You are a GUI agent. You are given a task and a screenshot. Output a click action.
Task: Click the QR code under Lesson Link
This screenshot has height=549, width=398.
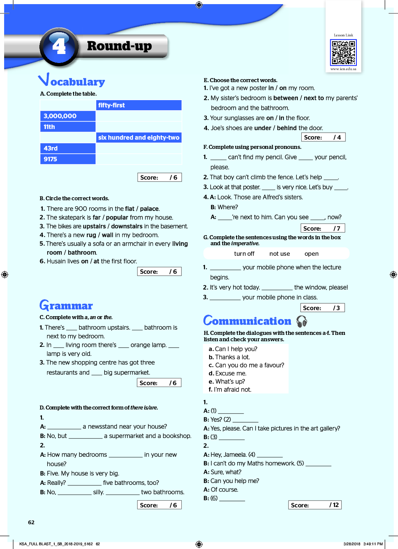tap(343, 53)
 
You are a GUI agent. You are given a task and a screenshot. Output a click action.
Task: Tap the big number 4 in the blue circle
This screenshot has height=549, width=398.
tap(59, 46)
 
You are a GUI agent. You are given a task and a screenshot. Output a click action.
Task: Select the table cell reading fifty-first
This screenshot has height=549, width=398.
tap(139, 105)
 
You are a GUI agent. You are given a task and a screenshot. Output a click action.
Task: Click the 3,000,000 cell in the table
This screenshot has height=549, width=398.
tap(68, 116)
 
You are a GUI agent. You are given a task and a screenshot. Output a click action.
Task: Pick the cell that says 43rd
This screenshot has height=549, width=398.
tap(68, 148)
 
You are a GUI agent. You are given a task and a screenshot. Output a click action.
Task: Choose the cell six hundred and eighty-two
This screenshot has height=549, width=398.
tap(139, 138)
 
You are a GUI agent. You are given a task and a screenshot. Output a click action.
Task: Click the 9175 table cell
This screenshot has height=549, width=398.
tap(68, 159)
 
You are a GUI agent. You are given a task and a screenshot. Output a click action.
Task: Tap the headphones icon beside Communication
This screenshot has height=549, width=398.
tap(302, 321)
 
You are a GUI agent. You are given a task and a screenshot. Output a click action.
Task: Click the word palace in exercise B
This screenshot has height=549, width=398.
tap(150, 209)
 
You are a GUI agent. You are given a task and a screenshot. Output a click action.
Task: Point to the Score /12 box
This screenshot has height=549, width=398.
tap(315, 505)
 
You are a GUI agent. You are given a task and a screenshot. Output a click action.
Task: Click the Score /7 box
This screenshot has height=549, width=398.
tap(322, 228)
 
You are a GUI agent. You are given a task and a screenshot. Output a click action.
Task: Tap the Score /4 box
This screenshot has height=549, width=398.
tap(323, 137)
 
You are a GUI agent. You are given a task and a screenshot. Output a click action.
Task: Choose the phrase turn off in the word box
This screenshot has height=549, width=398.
tap(244, 254)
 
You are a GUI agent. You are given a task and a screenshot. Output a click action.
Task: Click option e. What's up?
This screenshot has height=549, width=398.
tap(227, 381)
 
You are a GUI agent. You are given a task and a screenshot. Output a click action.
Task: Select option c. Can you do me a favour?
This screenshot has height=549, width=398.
tap(247, 365)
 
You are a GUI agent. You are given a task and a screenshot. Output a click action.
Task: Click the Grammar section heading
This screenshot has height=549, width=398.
tap(66, 306)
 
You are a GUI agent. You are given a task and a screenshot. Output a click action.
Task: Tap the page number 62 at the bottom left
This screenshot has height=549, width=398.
tap(31, 522)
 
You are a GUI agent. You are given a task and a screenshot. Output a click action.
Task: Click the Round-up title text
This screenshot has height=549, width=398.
tap(120, 46)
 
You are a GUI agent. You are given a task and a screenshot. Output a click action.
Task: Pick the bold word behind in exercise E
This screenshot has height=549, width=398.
tap(287, 128)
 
